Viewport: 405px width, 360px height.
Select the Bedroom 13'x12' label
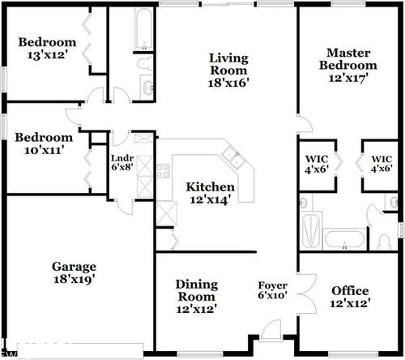47,49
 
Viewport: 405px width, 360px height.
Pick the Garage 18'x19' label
75,272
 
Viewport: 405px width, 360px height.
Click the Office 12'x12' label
351,297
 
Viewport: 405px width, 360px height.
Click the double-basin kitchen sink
233,156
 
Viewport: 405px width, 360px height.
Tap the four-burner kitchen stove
162,171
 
